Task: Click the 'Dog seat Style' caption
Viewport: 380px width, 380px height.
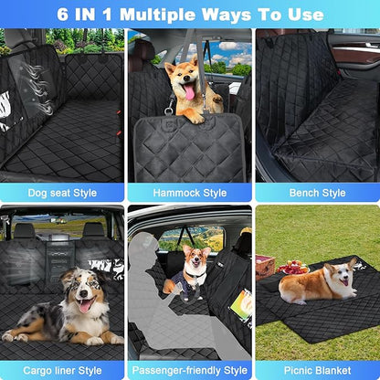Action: click(62, 193)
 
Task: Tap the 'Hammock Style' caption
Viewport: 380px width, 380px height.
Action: click(189, 193)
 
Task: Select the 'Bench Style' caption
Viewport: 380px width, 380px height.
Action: click(316, 193)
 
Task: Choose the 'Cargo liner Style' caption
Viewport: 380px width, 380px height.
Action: click(62, 370)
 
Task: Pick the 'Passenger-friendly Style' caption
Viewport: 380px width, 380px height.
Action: click(189, 370)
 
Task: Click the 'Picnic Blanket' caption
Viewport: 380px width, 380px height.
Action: click(316, 370)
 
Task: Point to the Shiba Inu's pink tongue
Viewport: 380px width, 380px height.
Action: click(189, 92)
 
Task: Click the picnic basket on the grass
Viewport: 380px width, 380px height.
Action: click(266, 265)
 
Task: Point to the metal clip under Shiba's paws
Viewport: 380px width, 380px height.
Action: click(169, 112)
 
